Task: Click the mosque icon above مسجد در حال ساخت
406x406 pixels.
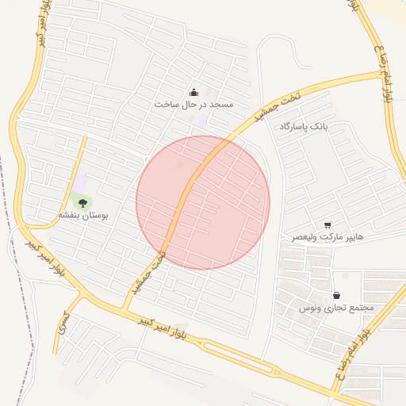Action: tap(194, 93)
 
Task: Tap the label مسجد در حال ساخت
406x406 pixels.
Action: tap(193, 105)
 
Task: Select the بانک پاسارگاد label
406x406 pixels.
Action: tap(303, 127)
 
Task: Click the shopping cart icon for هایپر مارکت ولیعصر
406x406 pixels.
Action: tap(328, 225)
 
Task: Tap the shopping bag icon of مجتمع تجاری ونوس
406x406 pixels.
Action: tap(336, 295)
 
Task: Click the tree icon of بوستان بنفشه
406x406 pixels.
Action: tap(83, 204)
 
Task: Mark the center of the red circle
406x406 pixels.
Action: tap(203, 202)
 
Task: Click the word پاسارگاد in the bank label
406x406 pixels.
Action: tap(293, 127)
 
